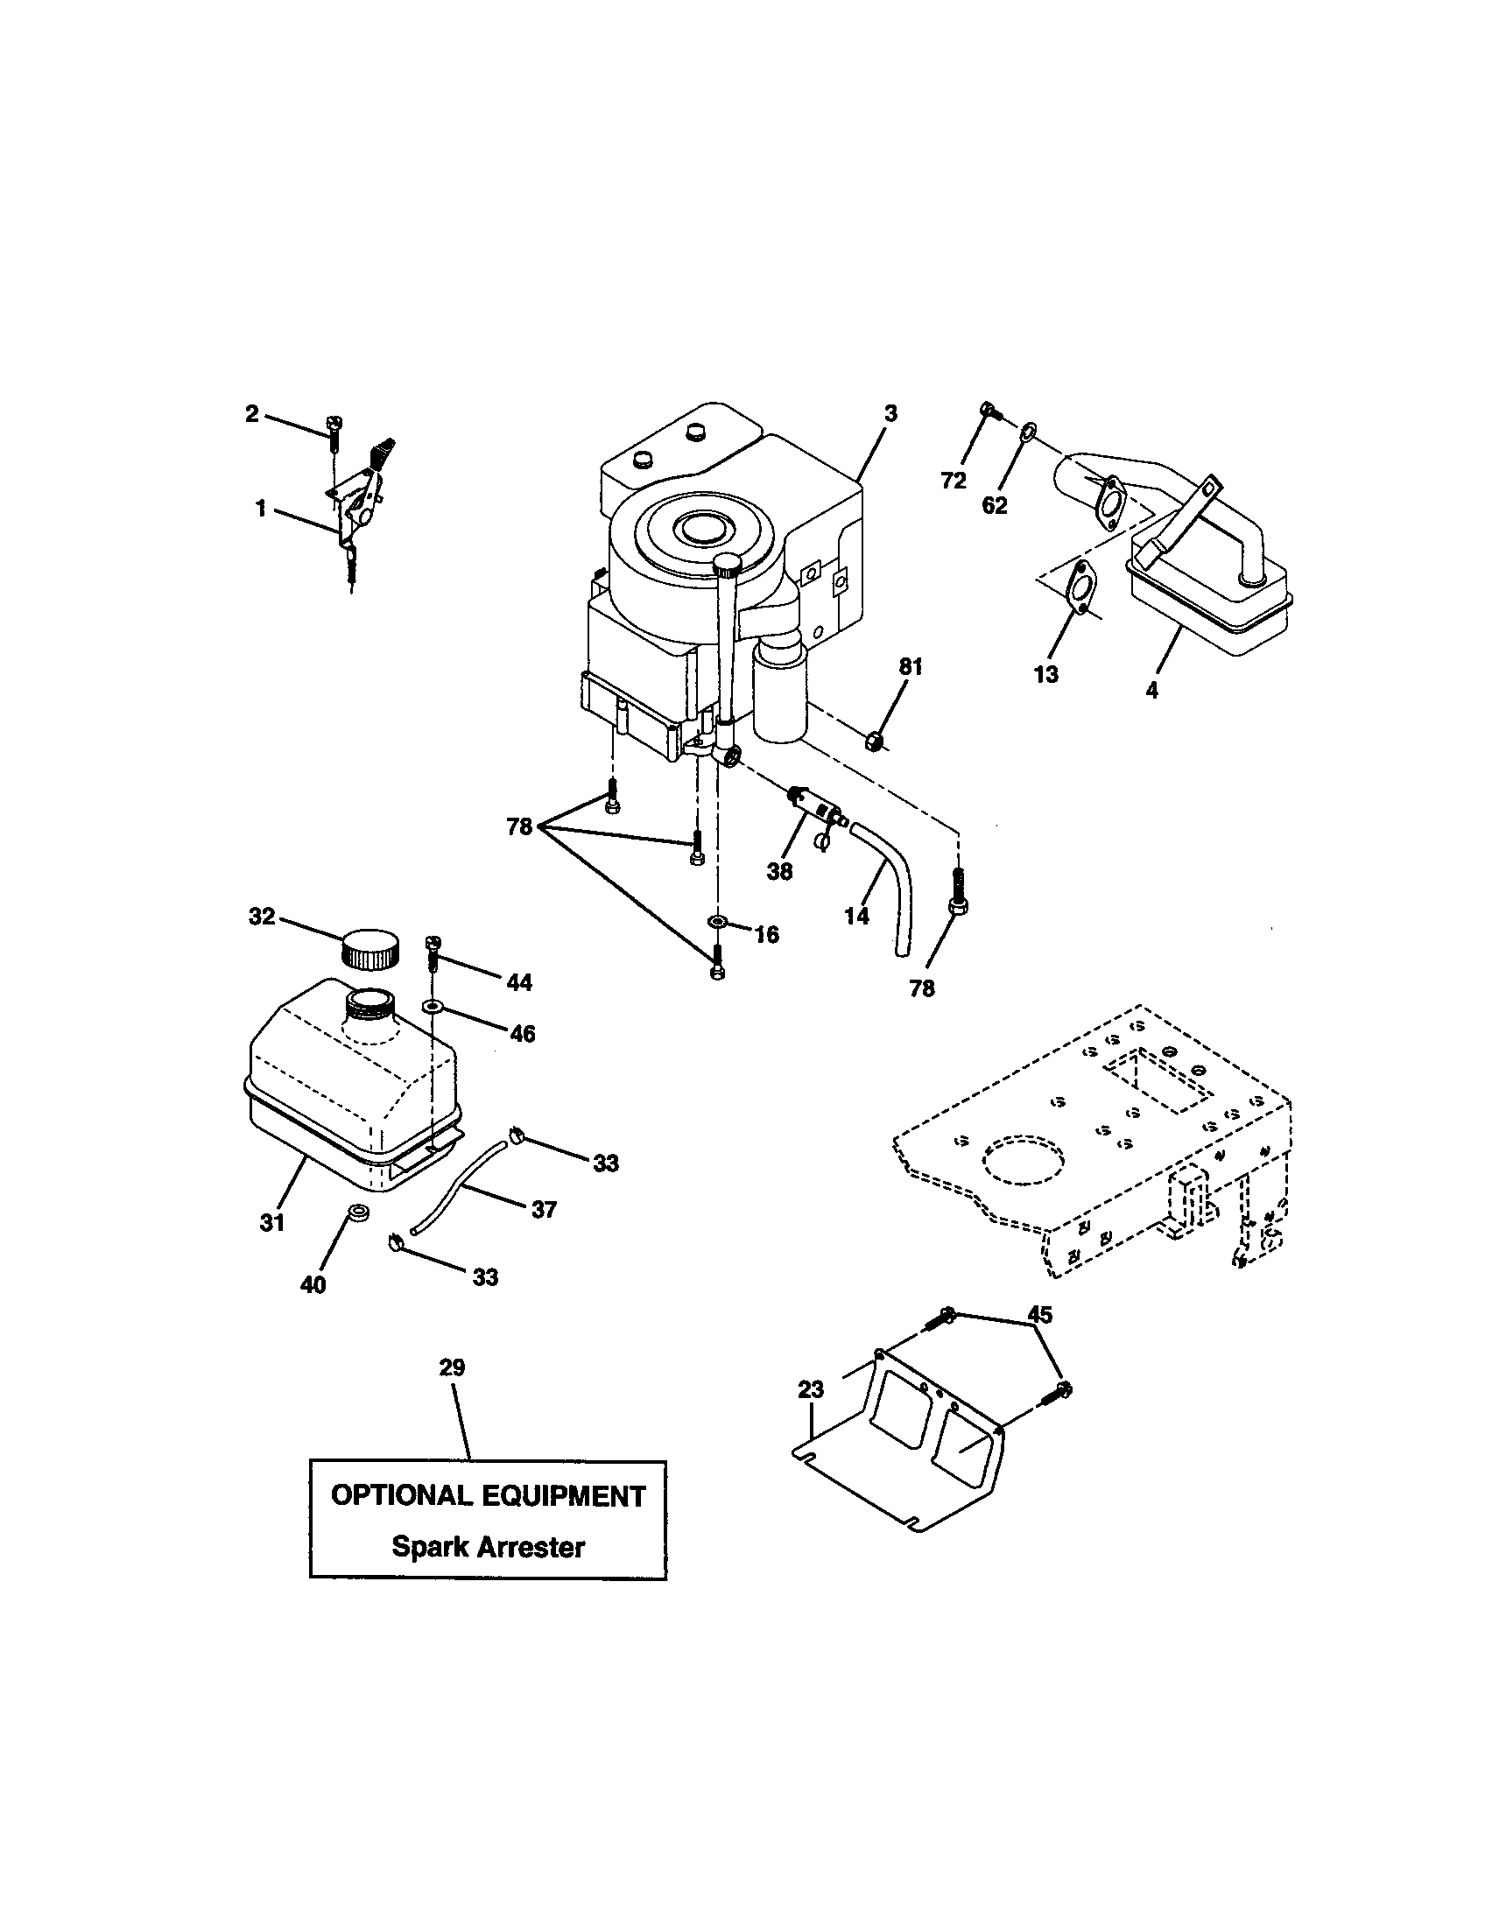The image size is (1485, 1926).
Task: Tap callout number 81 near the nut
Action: point(910,668)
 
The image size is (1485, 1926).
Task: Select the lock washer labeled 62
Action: point(1028,433)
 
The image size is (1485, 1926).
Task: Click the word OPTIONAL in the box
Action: point(399,1495)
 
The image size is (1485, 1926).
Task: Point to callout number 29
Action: point(453,1367)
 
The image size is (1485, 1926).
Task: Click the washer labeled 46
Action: point(433,1006)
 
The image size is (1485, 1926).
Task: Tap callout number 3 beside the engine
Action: point(890,412)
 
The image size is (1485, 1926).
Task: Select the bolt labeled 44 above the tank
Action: point(433,951)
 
